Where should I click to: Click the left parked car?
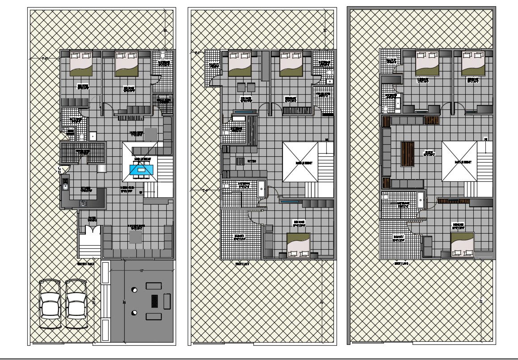50,304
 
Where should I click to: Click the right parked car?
76,304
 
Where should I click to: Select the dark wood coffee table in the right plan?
407,154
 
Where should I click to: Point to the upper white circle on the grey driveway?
134,290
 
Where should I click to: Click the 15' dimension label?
141,271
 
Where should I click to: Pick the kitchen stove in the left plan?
83,204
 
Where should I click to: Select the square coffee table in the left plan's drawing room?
136,236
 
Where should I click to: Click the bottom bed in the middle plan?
298,245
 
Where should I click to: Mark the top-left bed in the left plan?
81,63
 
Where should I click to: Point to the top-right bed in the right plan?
473,63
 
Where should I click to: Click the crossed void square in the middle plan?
300,162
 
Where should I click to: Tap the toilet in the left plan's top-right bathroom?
163,54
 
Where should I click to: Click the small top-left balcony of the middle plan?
212,67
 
